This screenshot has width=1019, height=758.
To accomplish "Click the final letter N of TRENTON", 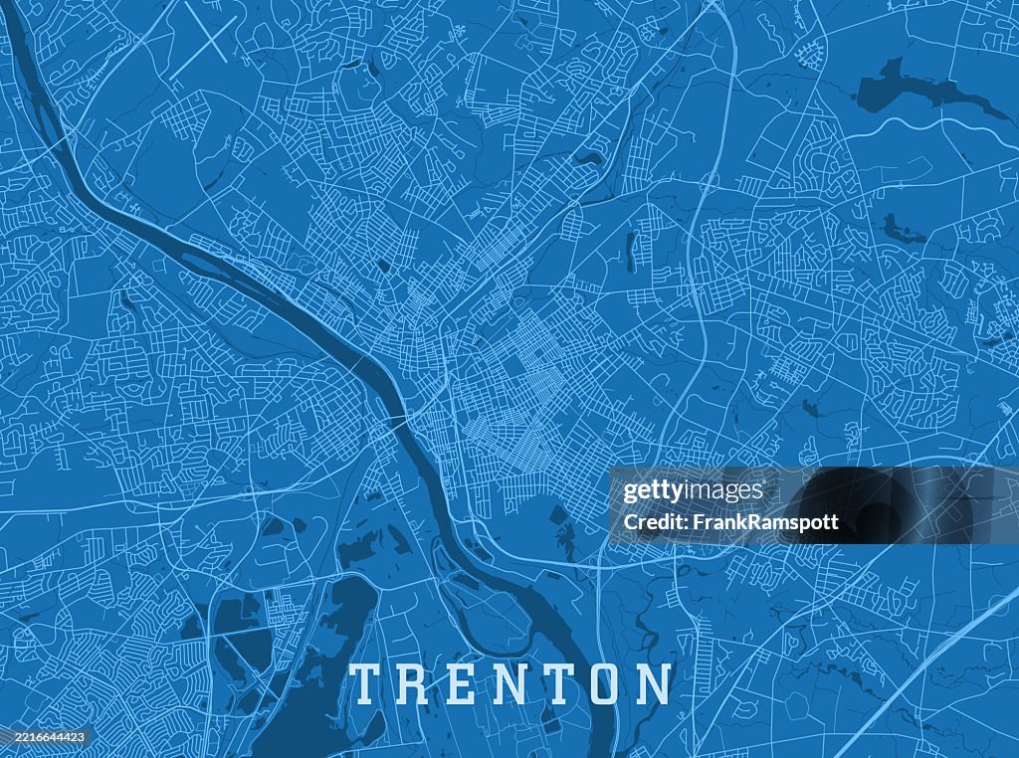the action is pyautogui.click(x=653, y=684).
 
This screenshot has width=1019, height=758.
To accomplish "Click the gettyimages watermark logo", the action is pyautogui.click(x=693, y=491).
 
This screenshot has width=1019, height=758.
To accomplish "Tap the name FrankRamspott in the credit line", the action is pyautogui.click(x=777, y=522).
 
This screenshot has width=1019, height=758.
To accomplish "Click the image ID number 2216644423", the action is pyautogui.click(x=46, y=737).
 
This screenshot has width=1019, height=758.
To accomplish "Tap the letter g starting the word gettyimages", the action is pyautogui.click(x=629, y=492).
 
